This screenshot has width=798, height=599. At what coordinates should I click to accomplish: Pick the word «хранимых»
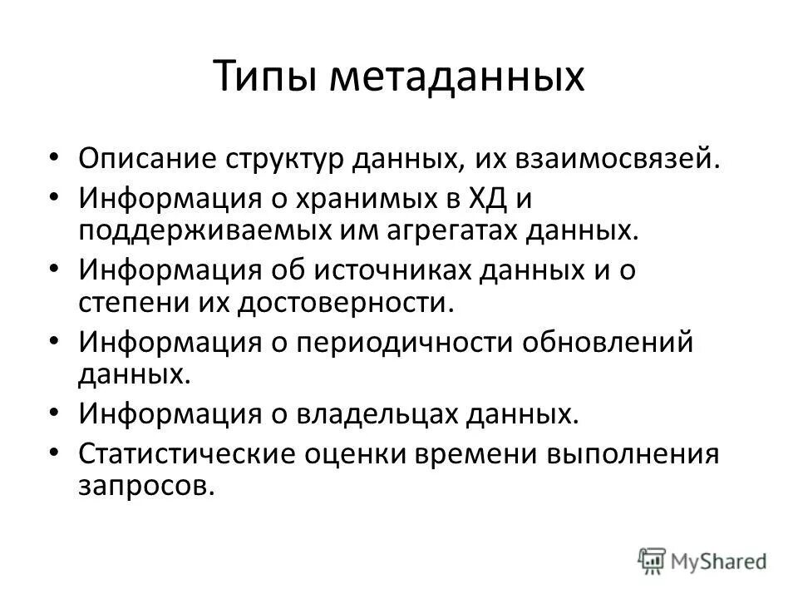point(342,200)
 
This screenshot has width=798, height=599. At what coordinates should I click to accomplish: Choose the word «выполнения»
point(633,454)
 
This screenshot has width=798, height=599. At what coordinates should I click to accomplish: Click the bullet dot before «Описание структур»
point(54,156)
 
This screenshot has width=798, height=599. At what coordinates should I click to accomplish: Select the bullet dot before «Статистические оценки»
point(54,453)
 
